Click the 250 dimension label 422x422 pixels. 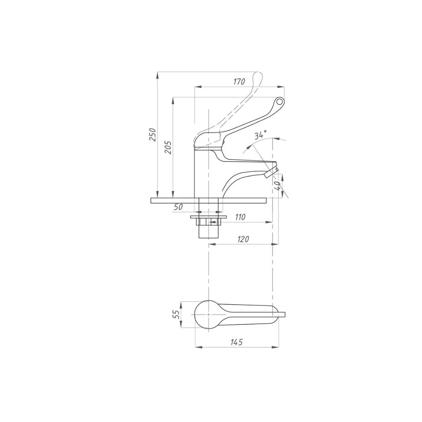(x=153, y=135)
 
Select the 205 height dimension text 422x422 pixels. (x=168, y=147)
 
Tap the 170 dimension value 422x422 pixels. (x=239, y=81)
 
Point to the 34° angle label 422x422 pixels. (x=260, y=134)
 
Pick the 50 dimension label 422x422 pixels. (x=178, y=207)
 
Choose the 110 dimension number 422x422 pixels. (x=240, y=217)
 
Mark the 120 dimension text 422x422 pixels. (x=243, y=239)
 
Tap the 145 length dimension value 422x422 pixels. (x=236, y=342)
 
